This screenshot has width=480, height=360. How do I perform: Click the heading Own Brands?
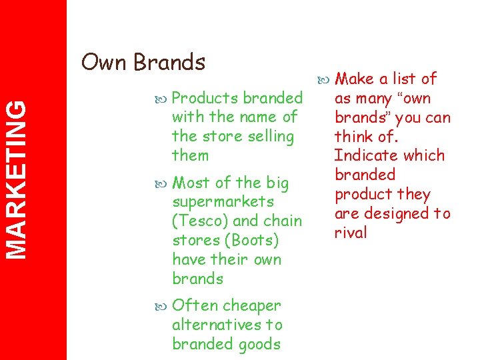click(143, 62)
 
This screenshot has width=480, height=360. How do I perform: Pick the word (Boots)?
click(253, 240)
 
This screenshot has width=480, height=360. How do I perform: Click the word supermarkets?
click(223, 201)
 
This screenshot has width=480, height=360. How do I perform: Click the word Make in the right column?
click(354, 79)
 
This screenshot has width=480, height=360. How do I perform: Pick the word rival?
click(351, 233)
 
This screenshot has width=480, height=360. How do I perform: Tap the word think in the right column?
click(353, 137)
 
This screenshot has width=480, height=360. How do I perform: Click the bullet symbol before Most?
click(163, 183)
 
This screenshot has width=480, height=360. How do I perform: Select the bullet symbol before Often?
click(163, 306)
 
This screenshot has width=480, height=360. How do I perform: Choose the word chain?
click(283, 221)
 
